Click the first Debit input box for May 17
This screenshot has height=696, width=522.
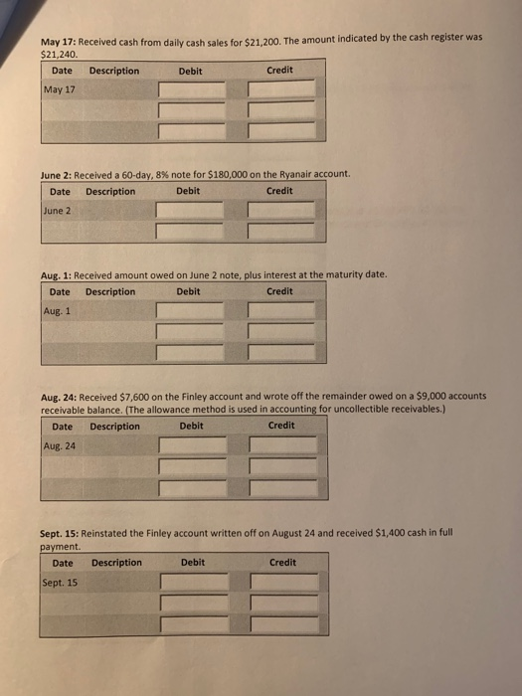190,90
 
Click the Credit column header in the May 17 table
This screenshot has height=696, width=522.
279,71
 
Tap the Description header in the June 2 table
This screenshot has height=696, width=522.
110,191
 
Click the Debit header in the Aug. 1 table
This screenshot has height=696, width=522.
188,291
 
